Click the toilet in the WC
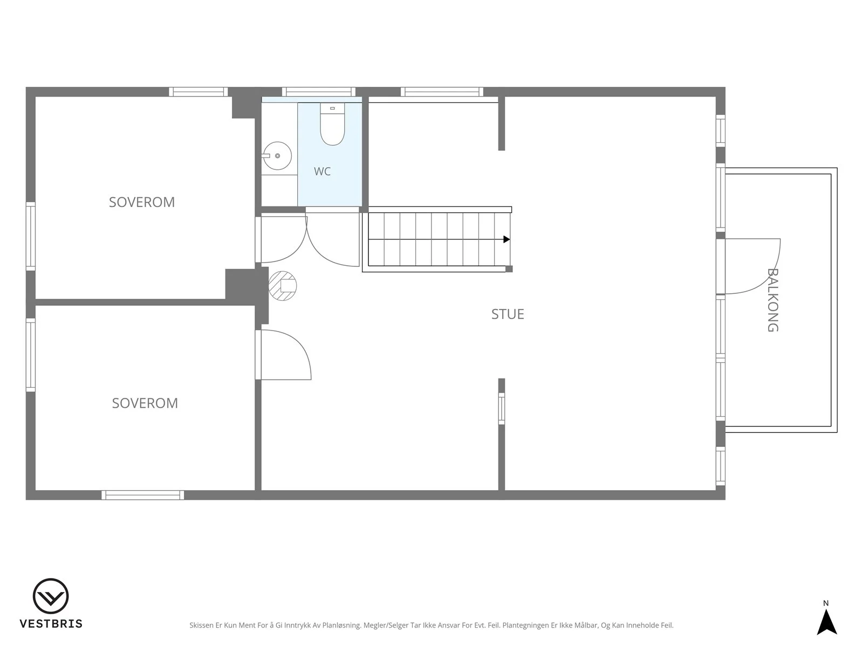(x=332, y=124)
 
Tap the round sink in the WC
(x=277, y=156)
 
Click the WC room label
(x=322, y=171)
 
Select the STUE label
(x=508, y=314)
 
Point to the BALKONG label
(x=773, y=300)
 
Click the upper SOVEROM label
(x=141, y=202)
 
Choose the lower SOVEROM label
(x=145, y=403)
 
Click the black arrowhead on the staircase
(x=507, y=239)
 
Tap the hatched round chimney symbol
(x=282, y=286)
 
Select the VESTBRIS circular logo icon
(x=51, y=596)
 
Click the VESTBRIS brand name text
(x=51, y=624)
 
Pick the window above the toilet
(x=319, y=92)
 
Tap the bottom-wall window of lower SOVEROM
(x=143, y=495)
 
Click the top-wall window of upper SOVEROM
(x=198, y=92)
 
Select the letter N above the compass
(x=826, y=603)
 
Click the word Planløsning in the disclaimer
(x=341, y=625)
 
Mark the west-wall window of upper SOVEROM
(x=31, y=236)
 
